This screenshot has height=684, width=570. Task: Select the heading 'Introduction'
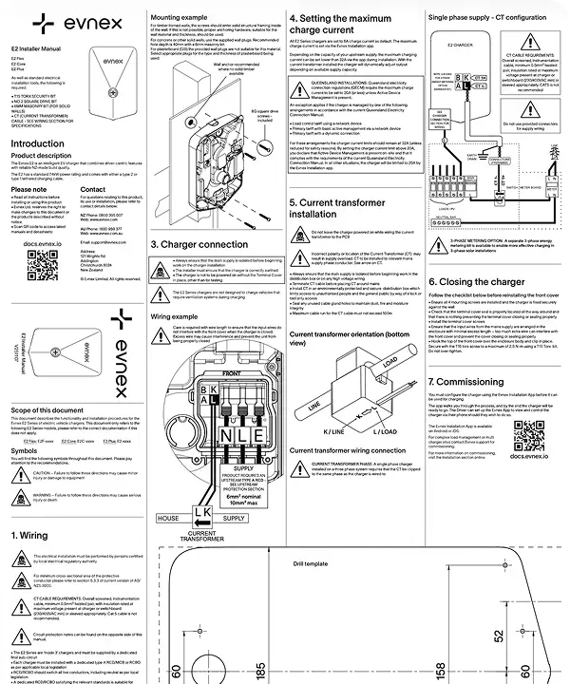[36, 144]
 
